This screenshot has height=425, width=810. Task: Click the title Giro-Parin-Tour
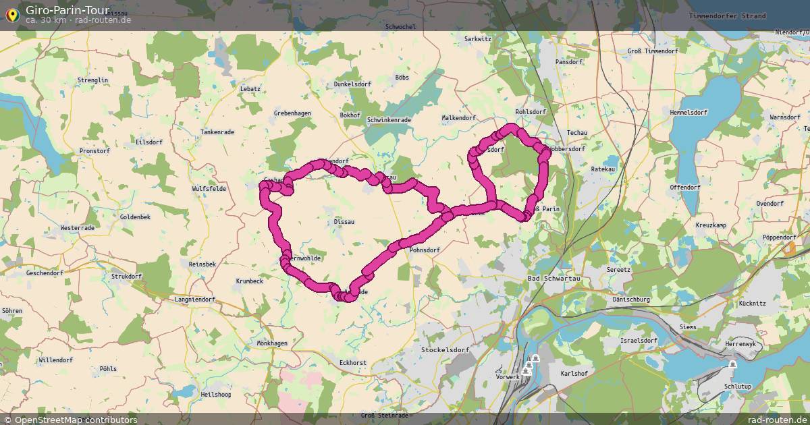tap(63, 9)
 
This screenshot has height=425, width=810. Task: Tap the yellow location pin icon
tap(11, 14)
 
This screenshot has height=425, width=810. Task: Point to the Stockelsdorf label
tap(444, 350)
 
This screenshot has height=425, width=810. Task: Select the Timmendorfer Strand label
tap(728, 16)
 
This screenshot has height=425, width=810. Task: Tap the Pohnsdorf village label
tap(425, 250)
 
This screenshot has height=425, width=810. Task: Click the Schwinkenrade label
tap(389, 120)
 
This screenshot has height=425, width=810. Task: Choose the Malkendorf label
tap(458, 117)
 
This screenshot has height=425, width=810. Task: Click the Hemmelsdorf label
tap(689, 112)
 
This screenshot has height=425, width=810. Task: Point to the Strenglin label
tap(93, 80)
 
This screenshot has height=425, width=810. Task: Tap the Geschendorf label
tap(45, 273)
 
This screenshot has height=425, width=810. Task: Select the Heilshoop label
tap(216, 394)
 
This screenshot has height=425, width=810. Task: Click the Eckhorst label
tap(353, 363)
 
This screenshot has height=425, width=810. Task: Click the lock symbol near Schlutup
tap(732, 365)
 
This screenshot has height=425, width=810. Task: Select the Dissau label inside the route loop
tap(344, 221)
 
